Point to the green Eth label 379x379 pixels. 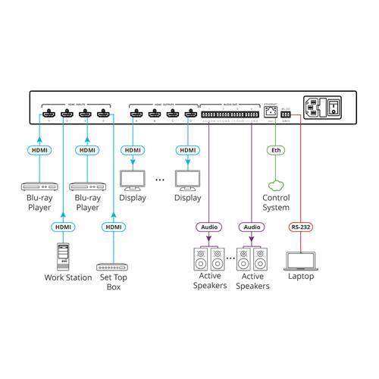276,150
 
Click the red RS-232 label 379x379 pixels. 301,226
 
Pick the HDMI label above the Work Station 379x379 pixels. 63,226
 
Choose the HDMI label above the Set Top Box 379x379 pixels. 113,226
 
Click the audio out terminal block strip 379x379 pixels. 230,113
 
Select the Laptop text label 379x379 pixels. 301,277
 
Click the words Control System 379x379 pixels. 276,202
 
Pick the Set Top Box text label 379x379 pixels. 113,283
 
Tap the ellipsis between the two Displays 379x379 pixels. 160,180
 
